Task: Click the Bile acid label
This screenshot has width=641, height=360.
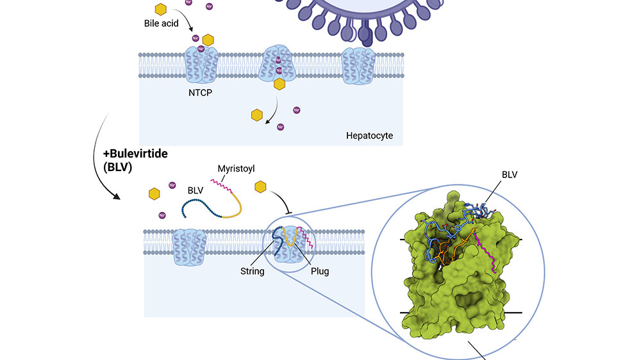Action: (162, 23)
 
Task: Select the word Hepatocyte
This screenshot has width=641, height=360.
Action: (369, 136)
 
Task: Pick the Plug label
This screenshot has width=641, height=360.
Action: (319, 271)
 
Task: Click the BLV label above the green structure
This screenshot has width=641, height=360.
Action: (510, 174)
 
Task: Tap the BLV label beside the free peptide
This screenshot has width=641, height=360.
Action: (196, 190)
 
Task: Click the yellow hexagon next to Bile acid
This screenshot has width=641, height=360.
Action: (162, 9)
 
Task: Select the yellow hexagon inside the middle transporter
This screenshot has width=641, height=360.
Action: (279, 83)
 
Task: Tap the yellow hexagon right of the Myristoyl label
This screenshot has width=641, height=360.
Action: (261, 187)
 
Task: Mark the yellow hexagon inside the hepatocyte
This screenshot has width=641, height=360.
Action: (257, 115)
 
